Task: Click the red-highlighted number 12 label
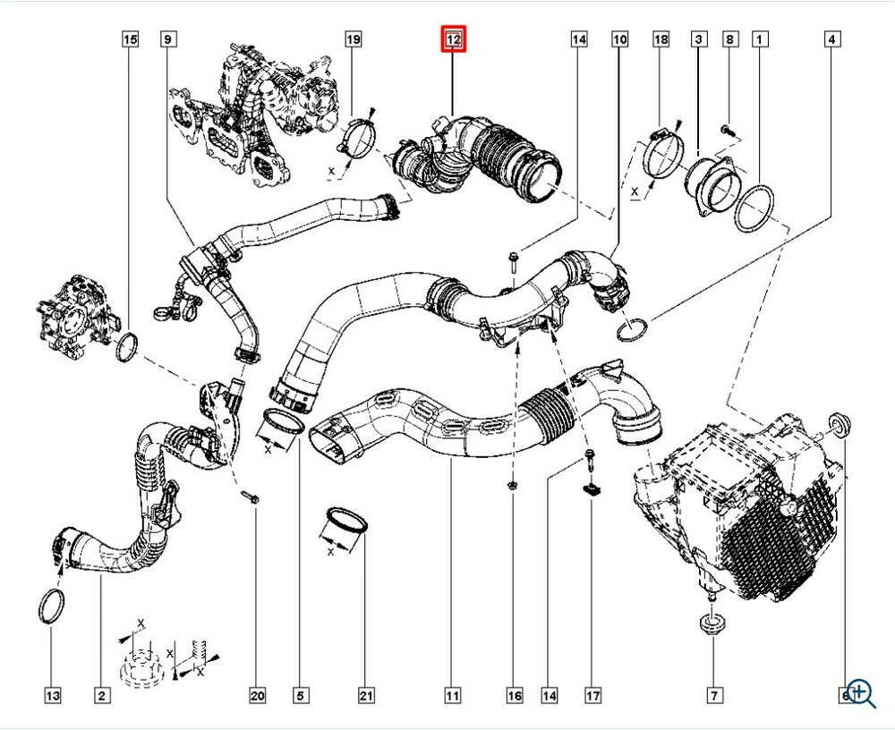coord(453,39)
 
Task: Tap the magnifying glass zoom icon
coord(861,692)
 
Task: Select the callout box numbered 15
coord(131,39)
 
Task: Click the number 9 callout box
coord(167,39)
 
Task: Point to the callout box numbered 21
coord(365,695)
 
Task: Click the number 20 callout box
coord(259,695)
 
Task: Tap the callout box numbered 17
coord(592,695)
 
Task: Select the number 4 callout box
coord(832,39)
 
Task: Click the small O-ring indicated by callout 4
coord(634,330)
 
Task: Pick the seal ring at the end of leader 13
coord(53,605)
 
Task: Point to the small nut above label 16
coord(512,485)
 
